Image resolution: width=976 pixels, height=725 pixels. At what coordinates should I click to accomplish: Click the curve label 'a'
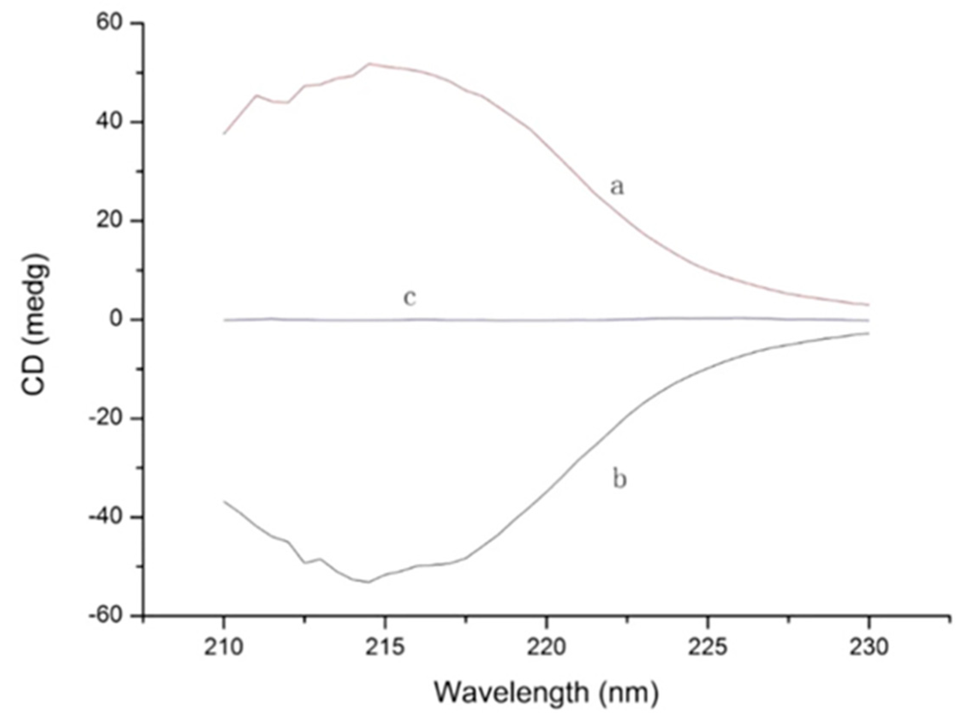click(x=617, y=187)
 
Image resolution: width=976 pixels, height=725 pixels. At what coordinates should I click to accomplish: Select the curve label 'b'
click(x=619, y=480)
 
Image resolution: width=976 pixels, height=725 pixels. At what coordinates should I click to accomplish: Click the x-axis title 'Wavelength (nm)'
click(x=546, y=692)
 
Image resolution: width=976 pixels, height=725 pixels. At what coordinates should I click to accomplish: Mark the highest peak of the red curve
click(x=369, y=64)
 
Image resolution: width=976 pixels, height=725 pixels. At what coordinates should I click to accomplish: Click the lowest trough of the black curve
click(x=369, y=582)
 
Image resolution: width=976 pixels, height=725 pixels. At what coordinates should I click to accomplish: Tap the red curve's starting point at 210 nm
click(x=224, y=134)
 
